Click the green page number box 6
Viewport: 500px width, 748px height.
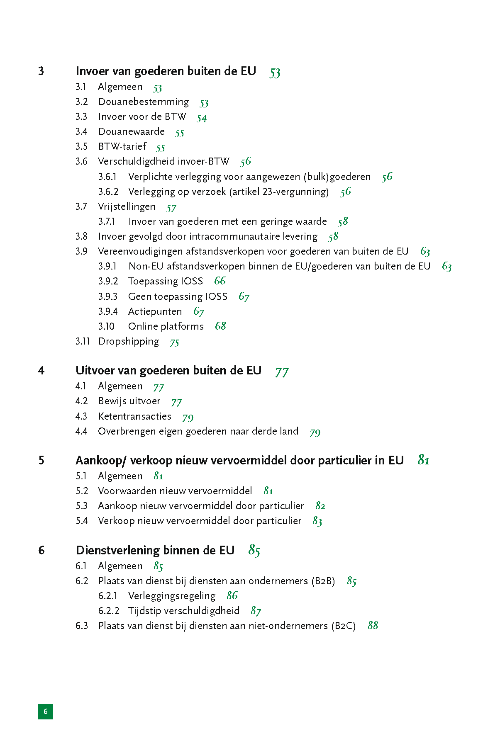[x=45, y=712]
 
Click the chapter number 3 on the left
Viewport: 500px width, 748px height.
[x=41, y=71]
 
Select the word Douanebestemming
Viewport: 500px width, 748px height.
[x=144, y=102]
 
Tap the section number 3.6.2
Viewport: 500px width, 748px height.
[x=108, y=192]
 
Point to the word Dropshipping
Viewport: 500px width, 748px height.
[x=129, y=342]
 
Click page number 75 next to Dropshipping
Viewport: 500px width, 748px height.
[x=175, y=342]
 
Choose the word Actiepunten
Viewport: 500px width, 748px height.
[x=155, y=312]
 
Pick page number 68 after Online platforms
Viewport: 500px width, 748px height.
[x=220, y=326]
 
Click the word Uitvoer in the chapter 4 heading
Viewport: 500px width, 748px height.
[x=92, y=371]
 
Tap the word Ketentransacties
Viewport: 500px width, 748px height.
[x=134, y=416]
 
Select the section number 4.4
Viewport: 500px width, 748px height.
[x=81, y=432]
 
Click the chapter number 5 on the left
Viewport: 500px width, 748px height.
[x=41, y=461]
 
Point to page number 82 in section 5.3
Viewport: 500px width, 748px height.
[x=320, y=506]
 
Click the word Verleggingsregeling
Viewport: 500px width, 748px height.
[x=172, y=596]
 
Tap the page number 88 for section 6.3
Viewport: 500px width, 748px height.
[x=373, y=626]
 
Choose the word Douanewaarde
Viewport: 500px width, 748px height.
[x=132, y=132]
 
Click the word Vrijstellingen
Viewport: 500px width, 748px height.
[x=127, y=207]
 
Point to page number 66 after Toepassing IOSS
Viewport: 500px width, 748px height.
[x=220, y=281]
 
